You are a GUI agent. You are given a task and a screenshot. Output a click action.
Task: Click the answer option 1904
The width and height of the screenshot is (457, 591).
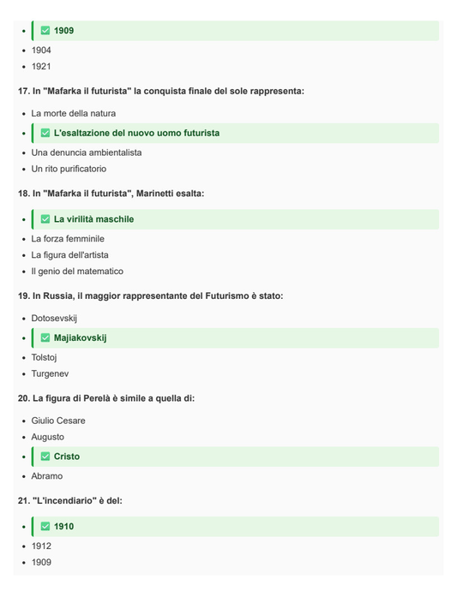click(x=41, y=51)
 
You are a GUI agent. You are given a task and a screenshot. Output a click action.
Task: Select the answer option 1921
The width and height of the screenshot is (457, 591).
click(x=41, y=67)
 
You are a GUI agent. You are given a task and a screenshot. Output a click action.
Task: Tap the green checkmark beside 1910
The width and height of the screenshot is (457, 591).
click(x=45, y=527)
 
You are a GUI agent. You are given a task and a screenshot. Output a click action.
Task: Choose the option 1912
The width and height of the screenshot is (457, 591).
click(x=41, y=546)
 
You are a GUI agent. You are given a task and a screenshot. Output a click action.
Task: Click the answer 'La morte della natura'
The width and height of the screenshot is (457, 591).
click(x=74, y=113)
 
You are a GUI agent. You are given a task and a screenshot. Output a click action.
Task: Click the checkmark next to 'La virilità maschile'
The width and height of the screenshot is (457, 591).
click(x=45, y=219)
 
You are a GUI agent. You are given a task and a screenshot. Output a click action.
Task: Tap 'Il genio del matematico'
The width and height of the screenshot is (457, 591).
click(x=77, y=272)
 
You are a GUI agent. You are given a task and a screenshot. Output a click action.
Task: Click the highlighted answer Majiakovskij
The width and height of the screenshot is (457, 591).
click(x=80, y=337)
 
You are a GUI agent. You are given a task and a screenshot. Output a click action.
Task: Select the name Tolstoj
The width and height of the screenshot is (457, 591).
click(x=45, y=357)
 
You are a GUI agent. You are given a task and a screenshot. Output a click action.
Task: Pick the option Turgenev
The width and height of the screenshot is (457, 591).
click(x=51, y=373)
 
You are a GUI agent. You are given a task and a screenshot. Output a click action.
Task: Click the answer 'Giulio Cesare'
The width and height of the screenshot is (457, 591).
click(x=58, y=421)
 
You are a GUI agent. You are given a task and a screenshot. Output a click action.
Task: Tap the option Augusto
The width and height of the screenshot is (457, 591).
click(x=48, y=437)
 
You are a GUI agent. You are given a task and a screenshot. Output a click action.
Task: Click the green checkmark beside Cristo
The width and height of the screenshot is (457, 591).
click(x=45, y=457)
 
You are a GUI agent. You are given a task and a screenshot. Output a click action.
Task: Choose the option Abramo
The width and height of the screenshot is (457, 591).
click(x=47, y=476)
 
